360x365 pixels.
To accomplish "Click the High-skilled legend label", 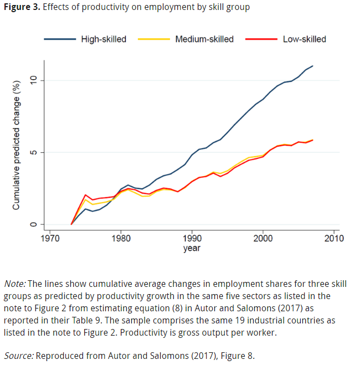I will tap(104, 39).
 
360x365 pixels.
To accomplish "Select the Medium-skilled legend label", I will tap(204, 39).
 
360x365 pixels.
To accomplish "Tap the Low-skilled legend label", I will tap(304, 39).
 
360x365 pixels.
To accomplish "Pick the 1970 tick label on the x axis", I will tap(50, 239).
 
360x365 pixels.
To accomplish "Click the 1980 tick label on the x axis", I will tap(121, 239).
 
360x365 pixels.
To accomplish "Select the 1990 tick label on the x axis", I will tap(192, 239).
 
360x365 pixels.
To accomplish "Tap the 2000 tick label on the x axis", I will tap(263, 239).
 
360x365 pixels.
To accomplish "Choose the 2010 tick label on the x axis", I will tap(333, 239).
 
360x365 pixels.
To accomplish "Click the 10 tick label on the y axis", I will tap(33, 80).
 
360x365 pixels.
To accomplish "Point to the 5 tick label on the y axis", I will tap(33, 152).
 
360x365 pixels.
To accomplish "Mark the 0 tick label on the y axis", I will tap(33, 224).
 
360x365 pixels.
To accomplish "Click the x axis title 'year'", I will tap(192, 249).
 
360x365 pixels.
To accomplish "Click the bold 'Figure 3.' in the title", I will tap(22, 7).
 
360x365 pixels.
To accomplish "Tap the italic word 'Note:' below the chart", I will tap(14, 284).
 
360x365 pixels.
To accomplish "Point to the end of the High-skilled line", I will tap(313, 66).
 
